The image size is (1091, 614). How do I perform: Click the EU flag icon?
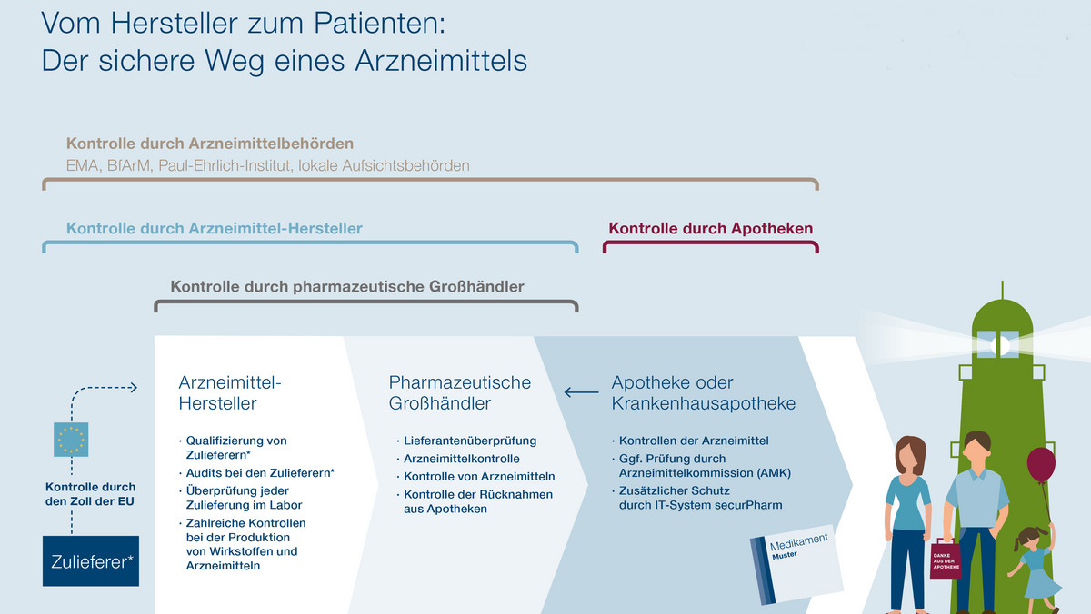[x=71, y=440]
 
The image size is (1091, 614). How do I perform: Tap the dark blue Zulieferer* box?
[x=91, y=561]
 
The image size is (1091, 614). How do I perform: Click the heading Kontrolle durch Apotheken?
[x=711, y=228]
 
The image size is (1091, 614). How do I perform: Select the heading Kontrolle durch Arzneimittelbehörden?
[x=210, y=144]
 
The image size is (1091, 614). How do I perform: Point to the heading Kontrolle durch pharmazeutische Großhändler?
[x=347, y=287]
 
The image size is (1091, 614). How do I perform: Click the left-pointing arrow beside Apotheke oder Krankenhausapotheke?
[x=582, y=391]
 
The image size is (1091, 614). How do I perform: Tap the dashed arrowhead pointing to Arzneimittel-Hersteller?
[x=133, y=388]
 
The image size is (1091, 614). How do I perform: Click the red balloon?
[x=1041, y=465]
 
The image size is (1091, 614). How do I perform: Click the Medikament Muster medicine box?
[x=796, y=564]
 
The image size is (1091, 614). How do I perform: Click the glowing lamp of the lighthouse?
[x=1001, y=345]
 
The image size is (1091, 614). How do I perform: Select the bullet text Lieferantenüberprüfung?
[x=470, y=441]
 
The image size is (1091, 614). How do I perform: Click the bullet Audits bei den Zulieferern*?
[x=260, y=473]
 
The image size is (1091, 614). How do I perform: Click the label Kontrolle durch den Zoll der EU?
[x=90, y=494]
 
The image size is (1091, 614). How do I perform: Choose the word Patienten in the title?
[x=379, y=23]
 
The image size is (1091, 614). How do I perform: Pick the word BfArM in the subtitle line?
[x=129, y=166]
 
